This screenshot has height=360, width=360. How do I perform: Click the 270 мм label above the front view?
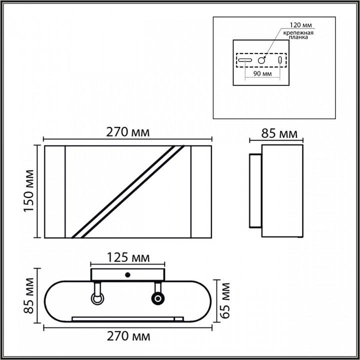pyautogui.click(x=128, y=132)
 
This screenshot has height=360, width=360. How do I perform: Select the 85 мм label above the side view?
pyautogui.click(x=280, y=133)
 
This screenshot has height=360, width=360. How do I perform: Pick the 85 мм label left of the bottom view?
pyautogui.click(x=28, y=299)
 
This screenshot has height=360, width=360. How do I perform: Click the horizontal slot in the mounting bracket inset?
pyautogui.click(x=245, y=60)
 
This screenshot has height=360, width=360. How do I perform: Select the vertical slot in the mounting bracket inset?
pyautogui.click(x=279, y=60)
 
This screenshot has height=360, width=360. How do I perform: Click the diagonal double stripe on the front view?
pyautogui.click(x=127, y=191)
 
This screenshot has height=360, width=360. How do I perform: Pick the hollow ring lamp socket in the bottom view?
pyautogui.click(x=97, y=298)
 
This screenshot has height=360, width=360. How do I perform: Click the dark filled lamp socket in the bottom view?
pyautogui.click(x=158, y=298)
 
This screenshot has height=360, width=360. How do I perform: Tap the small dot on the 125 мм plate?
pyautogui.click(x=128, y=275)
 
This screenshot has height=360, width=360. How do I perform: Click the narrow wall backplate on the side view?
pyautogui.click(x=254, y=191)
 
